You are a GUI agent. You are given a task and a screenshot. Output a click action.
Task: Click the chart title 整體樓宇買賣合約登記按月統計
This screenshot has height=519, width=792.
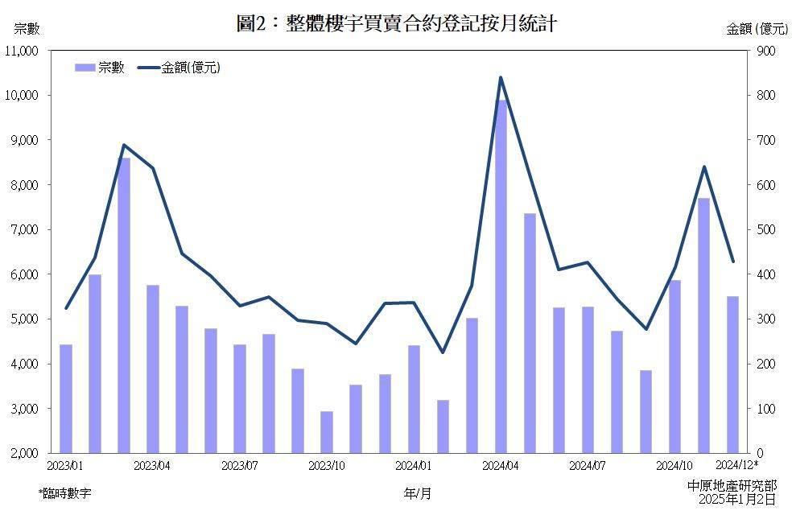pos(396,24)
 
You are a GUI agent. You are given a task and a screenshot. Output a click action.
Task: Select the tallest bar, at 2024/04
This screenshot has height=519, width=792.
pos(501,276)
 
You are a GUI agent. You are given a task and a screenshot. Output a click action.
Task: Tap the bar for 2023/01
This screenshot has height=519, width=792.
pos(66,398)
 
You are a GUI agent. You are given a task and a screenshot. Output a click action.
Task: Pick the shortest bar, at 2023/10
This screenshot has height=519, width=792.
pos(327,432)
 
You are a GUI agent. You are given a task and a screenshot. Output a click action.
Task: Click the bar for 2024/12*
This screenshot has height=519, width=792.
pos(732,374)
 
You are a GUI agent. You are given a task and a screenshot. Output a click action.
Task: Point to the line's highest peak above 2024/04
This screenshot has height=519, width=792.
pos(501,77)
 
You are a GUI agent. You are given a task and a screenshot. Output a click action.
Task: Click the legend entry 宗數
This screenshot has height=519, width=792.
pos(100,68)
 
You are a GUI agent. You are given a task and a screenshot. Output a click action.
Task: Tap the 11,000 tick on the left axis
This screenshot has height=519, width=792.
pos(22,51)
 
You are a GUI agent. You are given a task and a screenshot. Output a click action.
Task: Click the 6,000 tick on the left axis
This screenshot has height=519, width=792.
pos(24,274)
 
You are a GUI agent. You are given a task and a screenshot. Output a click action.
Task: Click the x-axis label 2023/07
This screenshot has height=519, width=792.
pos(239,465)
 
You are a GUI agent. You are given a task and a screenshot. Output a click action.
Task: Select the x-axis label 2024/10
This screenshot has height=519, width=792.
pos(674,465)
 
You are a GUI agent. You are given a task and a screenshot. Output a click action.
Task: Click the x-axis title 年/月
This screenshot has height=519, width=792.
pos(418,493)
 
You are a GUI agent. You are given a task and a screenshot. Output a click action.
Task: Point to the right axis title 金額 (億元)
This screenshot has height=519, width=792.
pos(757,29)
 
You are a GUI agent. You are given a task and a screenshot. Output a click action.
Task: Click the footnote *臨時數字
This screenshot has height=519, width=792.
pos(64,492)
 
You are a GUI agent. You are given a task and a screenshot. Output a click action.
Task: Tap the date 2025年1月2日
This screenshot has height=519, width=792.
pos(737,499)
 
